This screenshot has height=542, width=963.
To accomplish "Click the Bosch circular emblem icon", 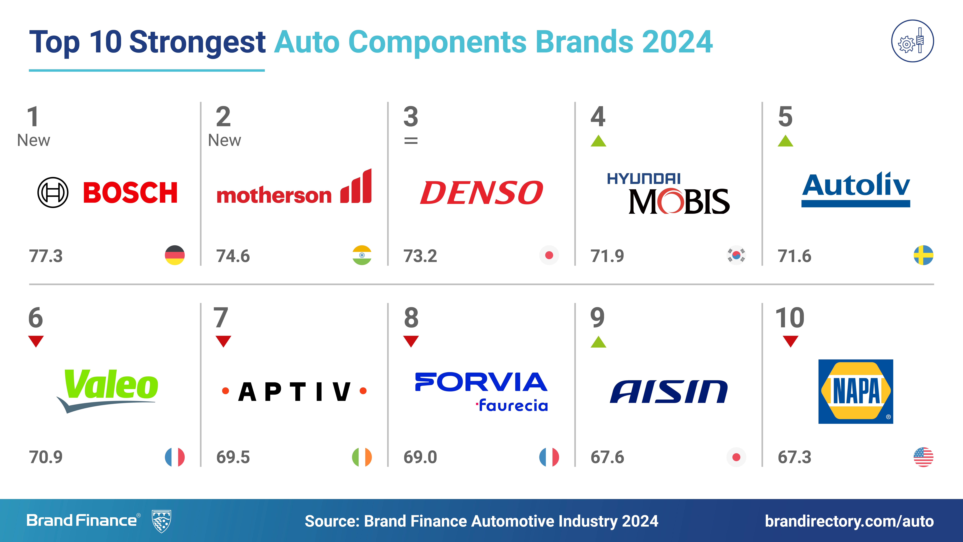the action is pyautogui.click(x=53, y=193).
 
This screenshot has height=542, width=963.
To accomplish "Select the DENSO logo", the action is pyautogui.click(x=481, y=193).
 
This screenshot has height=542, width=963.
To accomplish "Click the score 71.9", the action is pyautogui.click(x=607, y=256).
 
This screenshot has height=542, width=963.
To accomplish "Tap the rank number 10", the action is pyautogui.click(x=790, y=318).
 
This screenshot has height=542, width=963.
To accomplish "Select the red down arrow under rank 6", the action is pyautogui.click(x=36, y=341).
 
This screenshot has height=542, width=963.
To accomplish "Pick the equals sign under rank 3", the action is pyautogui.click(x=411, y=141).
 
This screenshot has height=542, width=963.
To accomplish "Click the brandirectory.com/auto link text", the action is pyautogui.click(x=849, y=521).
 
